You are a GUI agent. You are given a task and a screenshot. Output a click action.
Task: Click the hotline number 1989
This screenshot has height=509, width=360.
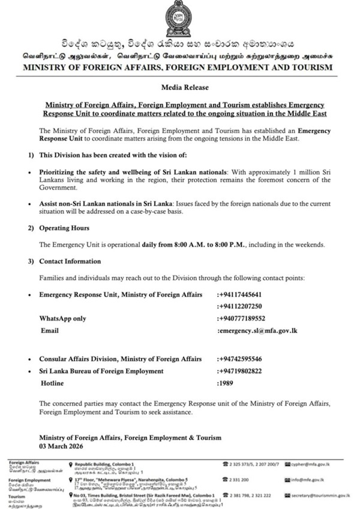(227, 382)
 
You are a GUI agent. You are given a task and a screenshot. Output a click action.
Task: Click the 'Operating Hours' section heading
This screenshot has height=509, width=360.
(64, 228)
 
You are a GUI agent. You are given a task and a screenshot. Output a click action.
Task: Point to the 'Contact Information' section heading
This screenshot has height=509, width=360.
(70, 262)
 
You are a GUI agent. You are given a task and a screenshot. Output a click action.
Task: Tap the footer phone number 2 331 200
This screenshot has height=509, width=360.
(241, 480)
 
